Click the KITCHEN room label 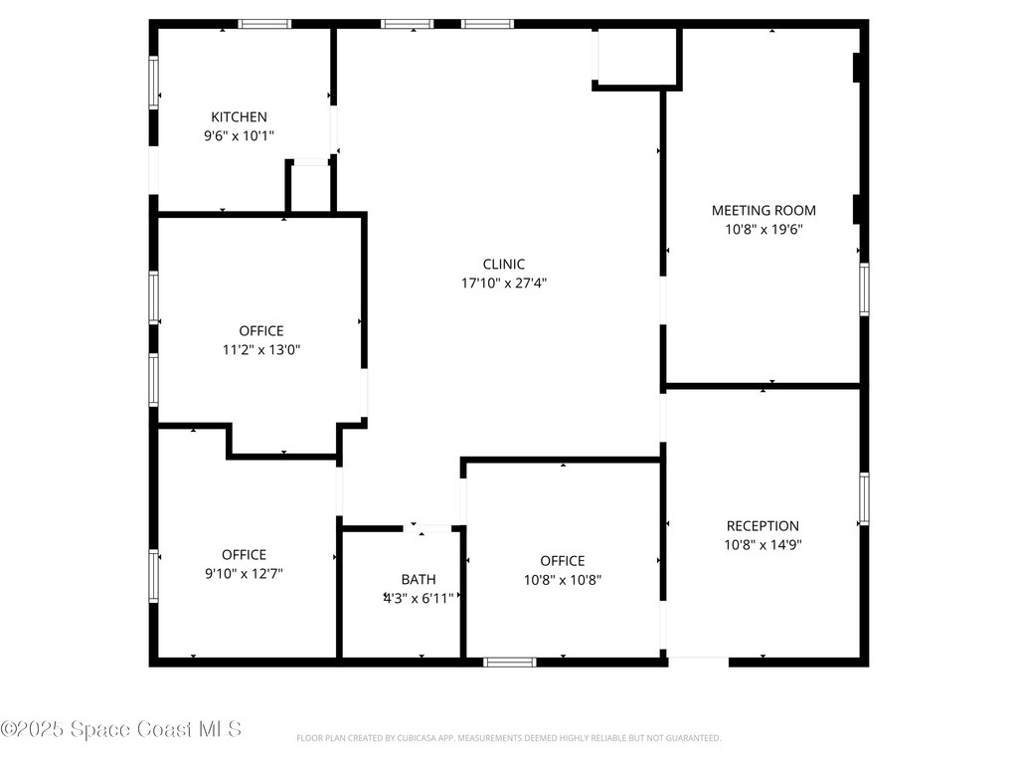tap(239, 117)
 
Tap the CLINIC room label tap(504, 265)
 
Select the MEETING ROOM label tap(763, 211)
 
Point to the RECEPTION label tap(763, 526)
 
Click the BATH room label tap(419, 580)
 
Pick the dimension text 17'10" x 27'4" tap(504, 284)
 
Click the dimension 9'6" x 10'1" tap(239, 135)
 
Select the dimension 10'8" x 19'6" tap(763, 230)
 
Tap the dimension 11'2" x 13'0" tap(261, 350)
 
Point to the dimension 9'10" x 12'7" tap(245, 574)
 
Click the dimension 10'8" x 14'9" tap(763, 545)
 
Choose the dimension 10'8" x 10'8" tap(563, 580)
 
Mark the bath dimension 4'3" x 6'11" tap(419, 598)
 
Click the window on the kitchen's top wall tap(264, 24)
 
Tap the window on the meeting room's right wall tap(864, 289)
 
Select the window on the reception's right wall tap(864, 499)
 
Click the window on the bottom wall tap(510, 662)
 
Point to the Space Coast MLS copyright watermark tap(120, 729)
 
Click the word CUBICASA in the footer tap(416, 738)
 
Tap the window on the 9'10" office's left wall tap(154, 576)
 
